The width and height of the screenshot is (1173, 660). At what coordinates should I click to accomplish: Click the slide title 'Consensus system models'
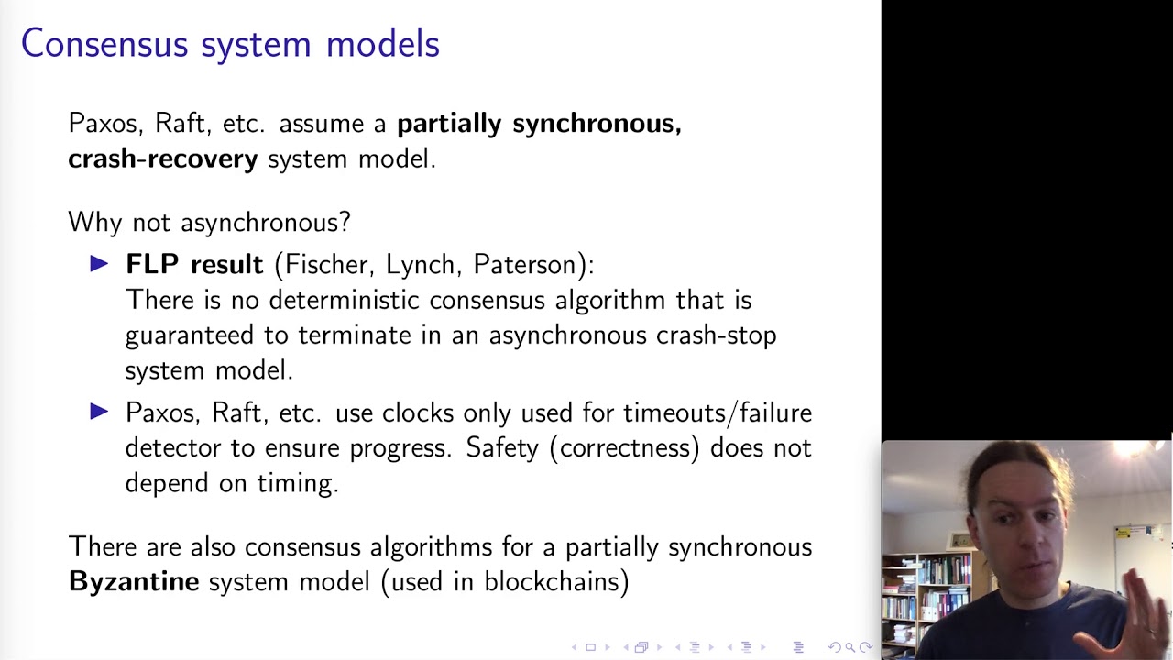230,44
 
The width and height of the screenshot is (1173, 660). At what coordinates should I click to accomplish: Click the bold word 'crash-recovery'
162,159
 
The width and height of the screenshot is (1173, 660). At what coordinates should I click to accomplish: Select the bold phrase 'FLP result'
193,265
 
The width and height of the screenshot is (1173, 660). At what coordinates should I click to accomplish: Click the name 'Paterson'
529,265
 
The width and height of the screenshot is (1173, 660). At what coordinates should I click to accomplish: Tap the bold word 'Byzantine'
134,581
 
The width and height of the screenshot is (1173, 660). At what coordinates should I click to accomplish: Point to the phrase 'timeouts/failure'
718,412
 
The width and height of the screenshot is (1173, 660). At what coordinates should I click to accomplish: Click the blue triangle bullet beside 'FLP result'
99,264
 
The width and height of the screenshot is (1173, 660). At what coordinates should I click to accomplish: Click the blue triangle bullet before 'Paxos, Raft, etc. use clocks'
99,412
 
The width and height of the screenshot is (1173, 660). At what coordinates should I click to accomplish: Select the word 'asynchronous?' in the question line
266,222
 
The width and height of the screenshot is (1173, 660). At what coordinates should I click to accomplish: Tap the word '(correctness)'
625,447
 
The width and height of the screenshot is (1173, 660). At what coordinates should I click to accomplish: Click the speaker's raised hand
1146,610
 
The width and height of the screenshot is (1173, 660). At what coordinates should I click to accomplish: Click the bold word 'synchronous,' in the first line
597,124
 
